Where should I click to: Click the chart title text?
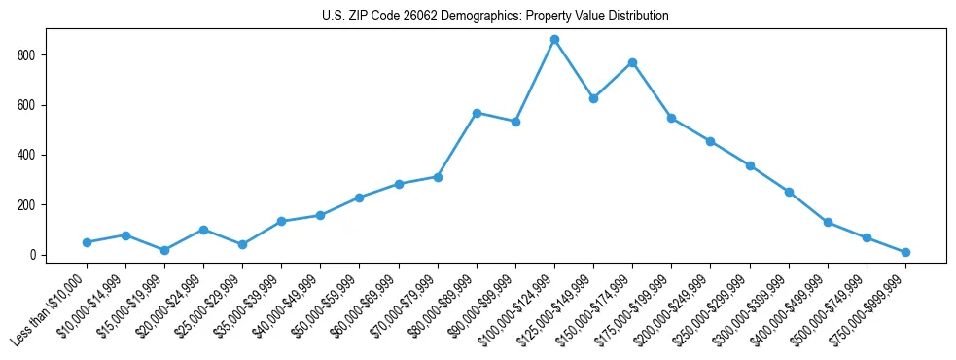coord(495,17)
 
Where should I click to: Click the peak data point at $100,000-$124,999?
coord(554,39)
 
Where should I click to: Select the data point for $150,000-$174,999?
coord(632,62)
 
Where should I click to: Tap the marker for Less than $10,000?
coord(87,242)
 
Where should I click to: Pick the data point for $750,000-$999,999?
coord(905,252)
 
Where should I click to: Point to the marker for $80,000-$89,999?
coord(477,113)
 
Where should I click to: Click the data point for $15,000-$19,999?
coord(164,250)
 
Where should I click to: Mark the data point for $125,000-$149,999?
coord(593,98)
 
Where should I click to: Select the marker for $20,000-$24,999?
coord(203,230)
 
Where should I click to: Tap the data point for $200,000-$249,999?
coord(710,141)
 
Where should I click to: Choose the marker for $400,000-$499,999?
coord(828,222)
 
